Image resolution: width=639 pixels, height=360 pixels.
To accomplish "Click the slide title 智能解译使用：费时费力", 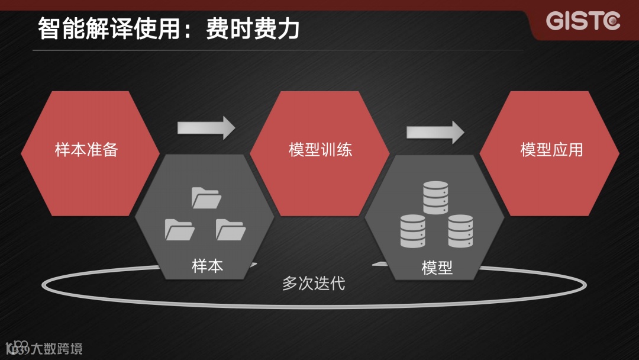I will [169, 28].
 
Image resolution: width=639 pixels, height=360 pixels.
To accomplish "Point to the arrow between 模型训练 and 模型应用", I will [435, 131].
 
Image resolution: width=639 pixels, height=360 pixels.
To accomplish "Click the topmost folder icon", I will [206, 198].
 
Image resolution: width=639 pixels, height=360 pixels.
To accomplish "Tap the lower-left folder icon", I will [179, 229].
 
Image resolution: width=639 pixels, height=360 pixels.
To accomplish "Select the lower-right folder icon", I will [231, 229].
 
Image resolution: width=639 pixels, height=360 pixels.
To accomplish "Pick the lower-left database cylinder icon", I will [412, 231].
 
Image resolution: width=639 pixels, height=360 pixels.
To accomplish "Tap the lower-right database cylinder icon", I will [460, 231].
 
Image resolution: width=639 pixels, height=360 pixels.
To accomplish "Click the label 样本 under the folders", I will [208, 266].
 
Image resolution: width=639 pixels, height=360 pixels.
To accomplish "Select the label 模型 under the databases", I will [437, 268].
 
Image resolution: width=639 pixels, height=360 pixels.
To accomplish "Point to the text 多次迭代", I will [314, 283].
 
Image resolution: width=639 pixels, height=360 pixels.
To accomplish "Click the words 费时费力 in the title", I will [253, 28].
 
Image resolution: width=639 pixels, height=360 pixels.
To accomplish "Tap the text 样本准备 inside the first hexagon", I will [86, 149].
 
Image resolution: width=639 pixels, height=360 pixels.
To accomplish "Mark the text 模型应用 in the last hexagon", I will [551, 149].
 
